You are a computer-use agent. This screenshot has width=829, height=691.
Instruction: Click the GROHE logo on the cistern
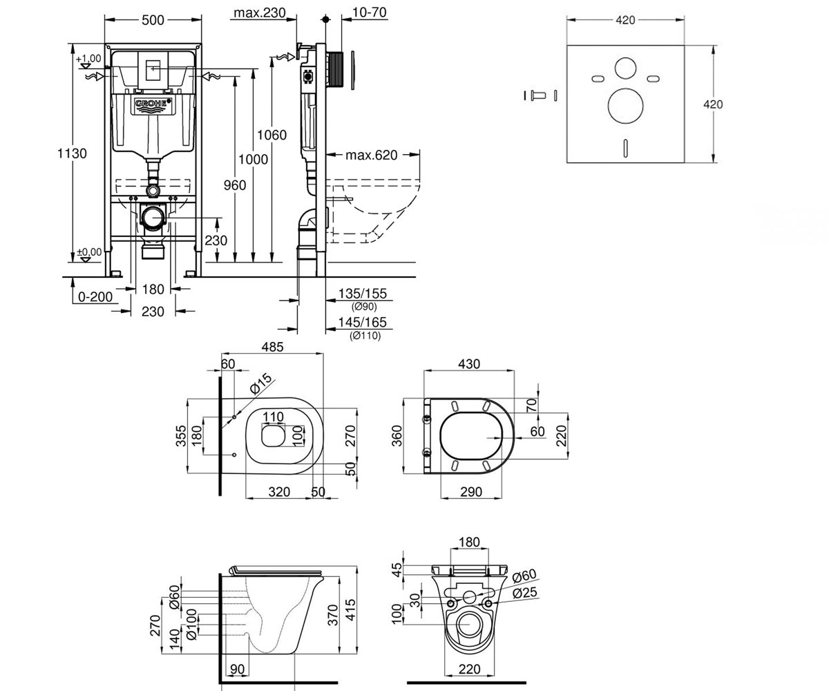point(153,104)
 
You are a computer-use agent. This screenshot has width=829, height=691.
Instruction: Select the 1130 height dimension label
point(72,153)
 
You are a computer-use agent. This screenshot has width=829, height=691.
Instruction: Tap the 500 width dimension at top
point(153,20)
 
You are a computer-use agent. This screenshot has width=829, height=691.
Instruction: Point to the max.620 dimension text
point(371,155)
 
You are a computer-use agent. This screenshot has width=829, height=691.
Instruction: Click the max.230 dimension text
point(260,12)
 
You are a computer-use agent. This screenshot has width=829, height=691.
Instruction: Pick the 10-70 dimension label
point(369,12)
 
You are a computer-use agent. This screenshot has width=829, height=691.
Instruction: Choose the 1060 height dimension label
point(271,135)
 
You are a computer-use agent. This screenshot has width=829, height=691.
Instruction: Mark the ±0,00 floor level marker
point(89,252)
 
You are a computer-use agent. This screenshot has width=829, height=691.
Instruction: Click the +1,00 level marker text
point(88,59)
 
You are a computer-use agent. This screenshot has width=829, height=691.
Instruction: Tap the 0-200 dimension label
point(95,296)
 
